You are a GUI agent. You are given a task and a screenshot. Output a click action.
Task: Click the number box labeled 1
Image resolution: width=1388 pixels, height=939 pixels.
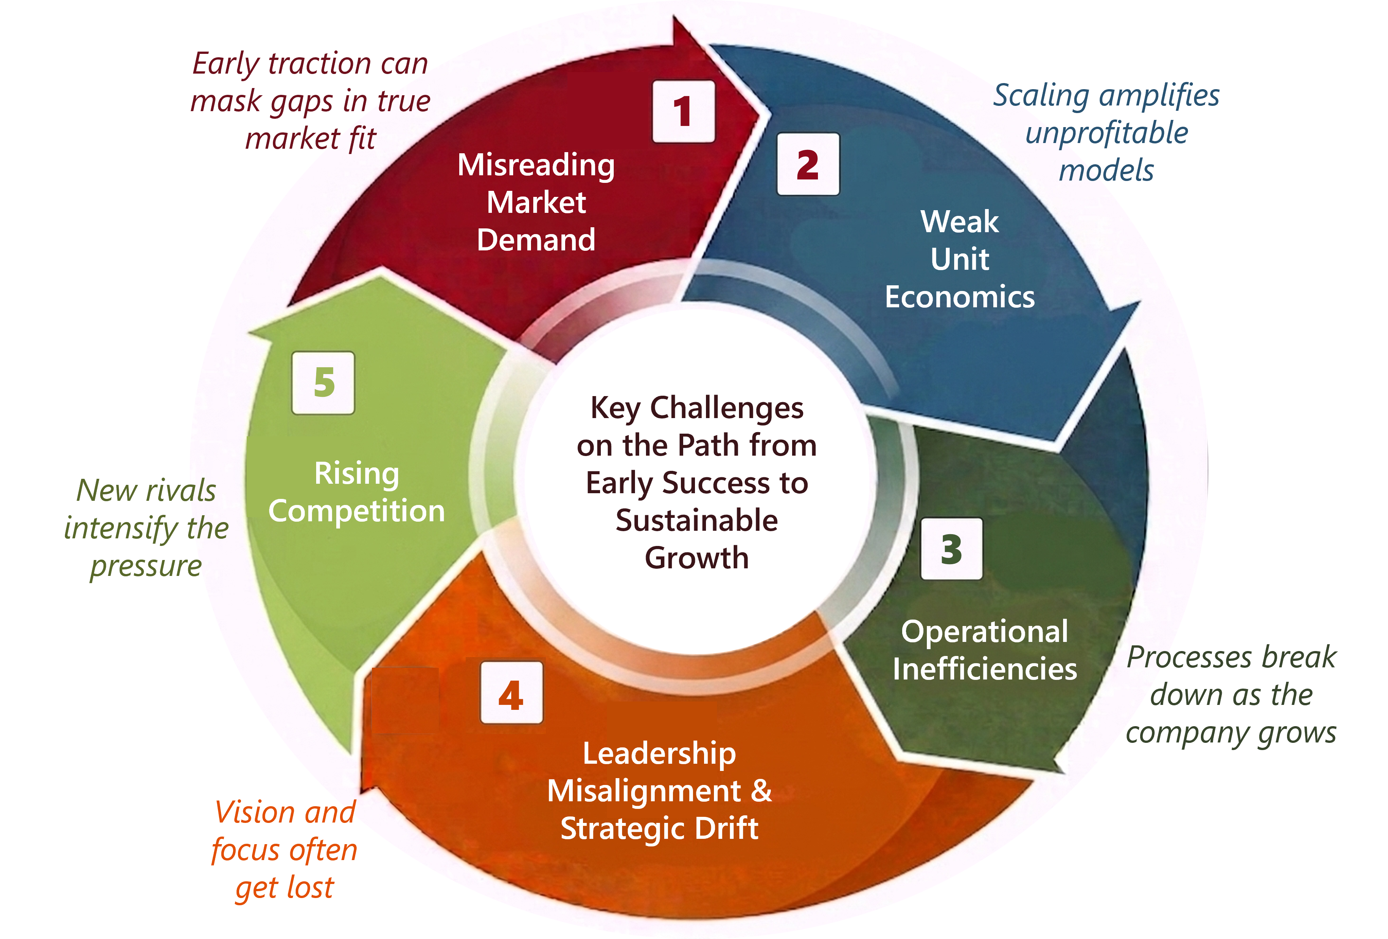click(x=683, y=112)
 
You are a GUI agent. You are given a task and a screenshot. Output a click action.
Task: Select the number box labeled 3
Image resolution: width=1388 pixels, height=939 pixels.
click(x=951, y=549)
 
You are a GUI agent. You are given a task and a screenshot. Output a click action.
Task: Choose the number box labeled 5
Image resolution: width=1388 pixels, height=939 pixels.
click(x=323, y=383)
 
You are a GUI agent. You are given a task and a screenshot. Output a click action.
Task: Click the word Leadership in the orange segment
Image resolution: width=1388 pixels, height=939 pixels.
click(x=659, y=753)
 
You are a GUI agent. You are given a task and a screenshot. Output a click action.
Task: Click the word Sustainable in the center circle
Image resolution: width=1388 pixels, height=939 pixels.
click(x=696, y=520)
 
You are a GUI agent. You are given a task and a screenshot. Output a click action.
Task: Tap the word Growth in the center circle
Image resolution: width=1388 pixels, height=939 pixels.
click(x=696, y=558)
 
